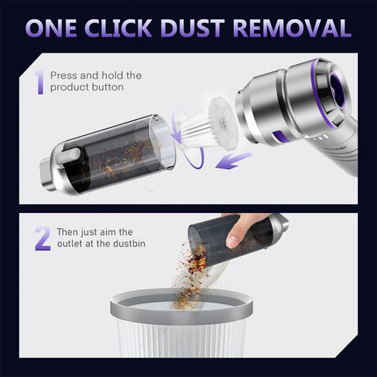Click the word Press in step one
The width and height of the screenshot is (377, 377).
coord(63,75)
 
